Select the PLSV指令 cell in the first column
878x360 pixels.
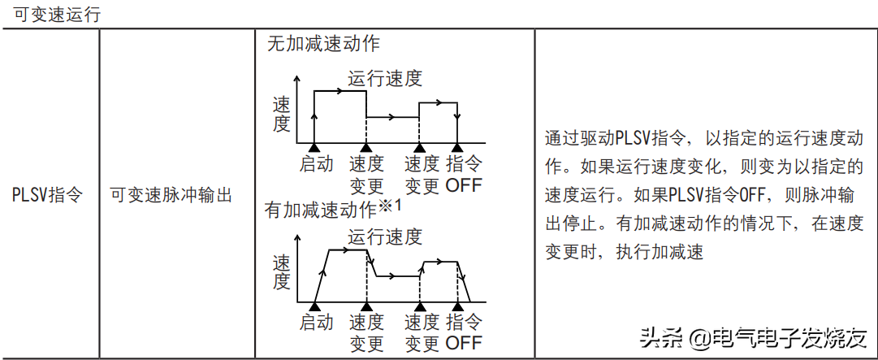click(x=47, y=195)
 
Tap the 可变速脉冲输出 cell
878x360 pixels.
click(x=171, y=195)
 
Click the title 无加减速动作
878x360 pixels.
click(x=323, y=43)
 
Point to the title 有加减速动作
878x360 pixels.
click(x=322, y=210)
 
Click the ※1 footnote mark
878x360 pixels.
click(x=391, y=206)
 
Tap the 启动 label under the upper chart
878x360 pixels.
click(x=317, y=164)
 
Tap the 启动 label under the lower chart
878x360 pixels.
click(x=317, y=322)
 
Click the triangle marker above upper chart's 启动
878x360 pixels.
click(x=314, y=147)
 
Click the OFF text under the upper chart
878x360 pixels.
click(x=464, y=185)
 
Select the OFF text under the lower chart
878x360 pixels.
click(x=464, y=342)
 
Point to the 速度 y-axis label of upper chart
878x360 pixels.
click(x=281, y=114)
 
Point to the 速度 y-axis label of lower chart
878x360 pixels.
click(x=281, y=272)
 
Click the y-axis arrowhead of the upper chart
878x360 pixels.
click(x=297, y=77)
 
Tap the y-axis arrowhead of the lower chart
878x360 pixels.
click(x=297, y=236)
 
